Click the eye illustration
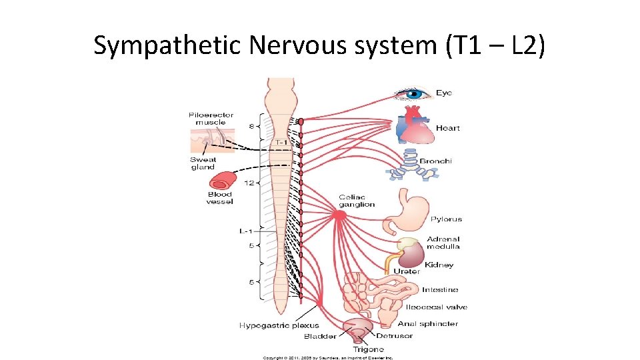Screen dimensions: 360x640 (413, 94)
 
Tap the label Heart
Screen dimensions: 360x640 (447, 128)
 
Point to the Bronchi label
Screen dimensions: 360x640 (435, 161)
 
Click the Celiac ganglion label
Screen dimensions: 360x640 (357, 201)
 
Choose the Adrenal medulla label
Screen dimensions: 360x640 (443, 243)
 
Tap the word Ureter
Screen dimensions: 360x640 (407, 271)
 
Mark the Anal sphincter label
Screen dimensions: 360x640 (428, 323)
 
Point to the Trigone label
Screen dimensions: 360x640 (368, 349)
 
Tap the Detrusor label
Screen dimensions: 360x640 (395, 335)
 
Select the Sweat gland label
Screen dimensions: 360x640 (203, 163)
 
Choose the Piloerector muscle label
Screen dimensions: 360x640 (211, 119)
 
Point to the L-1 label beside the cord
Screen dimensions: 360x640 (246, 231)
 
